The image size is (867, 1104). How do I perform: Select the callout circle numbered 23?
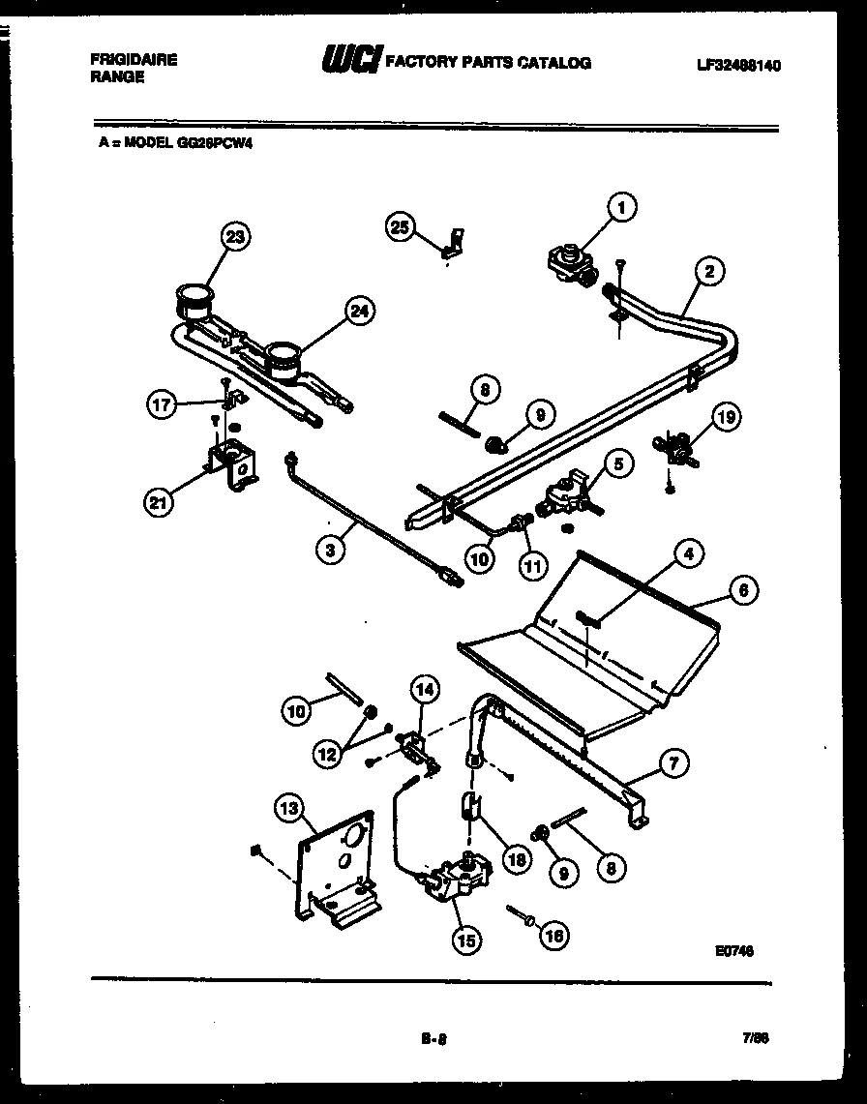tap(234, 236)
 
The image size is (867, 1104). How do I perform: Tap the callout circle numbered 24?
tap(359, 311)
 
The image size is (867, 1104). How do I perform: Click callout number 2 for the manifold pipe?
tap(709, 272)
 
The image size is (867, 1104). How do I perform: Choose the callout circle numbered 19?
tap(727, 418)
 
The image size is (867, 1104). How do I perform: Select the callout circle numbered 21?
tap(160, 500)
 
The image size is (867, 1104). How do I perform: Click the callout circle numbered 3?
tap(331, 549)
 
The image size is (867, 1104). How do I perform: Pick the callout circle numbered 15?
tap(466, 938)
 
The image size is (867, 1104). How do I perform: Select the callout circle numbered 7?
tap(674, 763)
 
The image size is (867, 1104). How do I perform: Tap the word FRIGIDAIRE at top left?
tap(134, 59)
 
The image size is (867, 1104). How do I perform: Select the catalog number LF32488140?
tap(737, 66)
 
